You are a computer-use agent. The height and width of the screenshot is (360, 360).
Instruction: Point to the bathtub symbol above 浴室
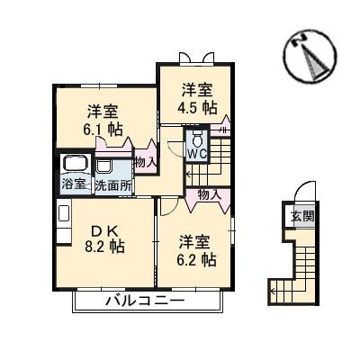coord(74,165)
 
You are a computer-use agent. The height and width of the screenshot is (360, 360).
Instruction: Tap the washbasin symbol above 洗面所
coord(104,167)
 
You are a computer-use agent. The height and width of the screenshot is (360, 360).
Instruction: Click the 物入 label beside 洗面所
coord(145,162)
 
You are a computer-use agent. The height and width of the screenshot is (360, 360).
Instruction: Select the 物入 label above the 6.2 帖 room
coord(209,193)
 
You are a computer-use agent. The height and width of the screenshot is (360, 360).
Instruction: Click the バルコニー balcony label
coord(145,301)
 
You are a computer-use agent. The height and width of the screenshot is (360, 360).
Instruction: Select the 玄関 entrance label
coord(301,216)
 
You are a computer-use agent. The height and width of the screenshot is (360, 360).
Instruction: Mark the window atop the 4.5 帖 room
coord(208,58)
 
